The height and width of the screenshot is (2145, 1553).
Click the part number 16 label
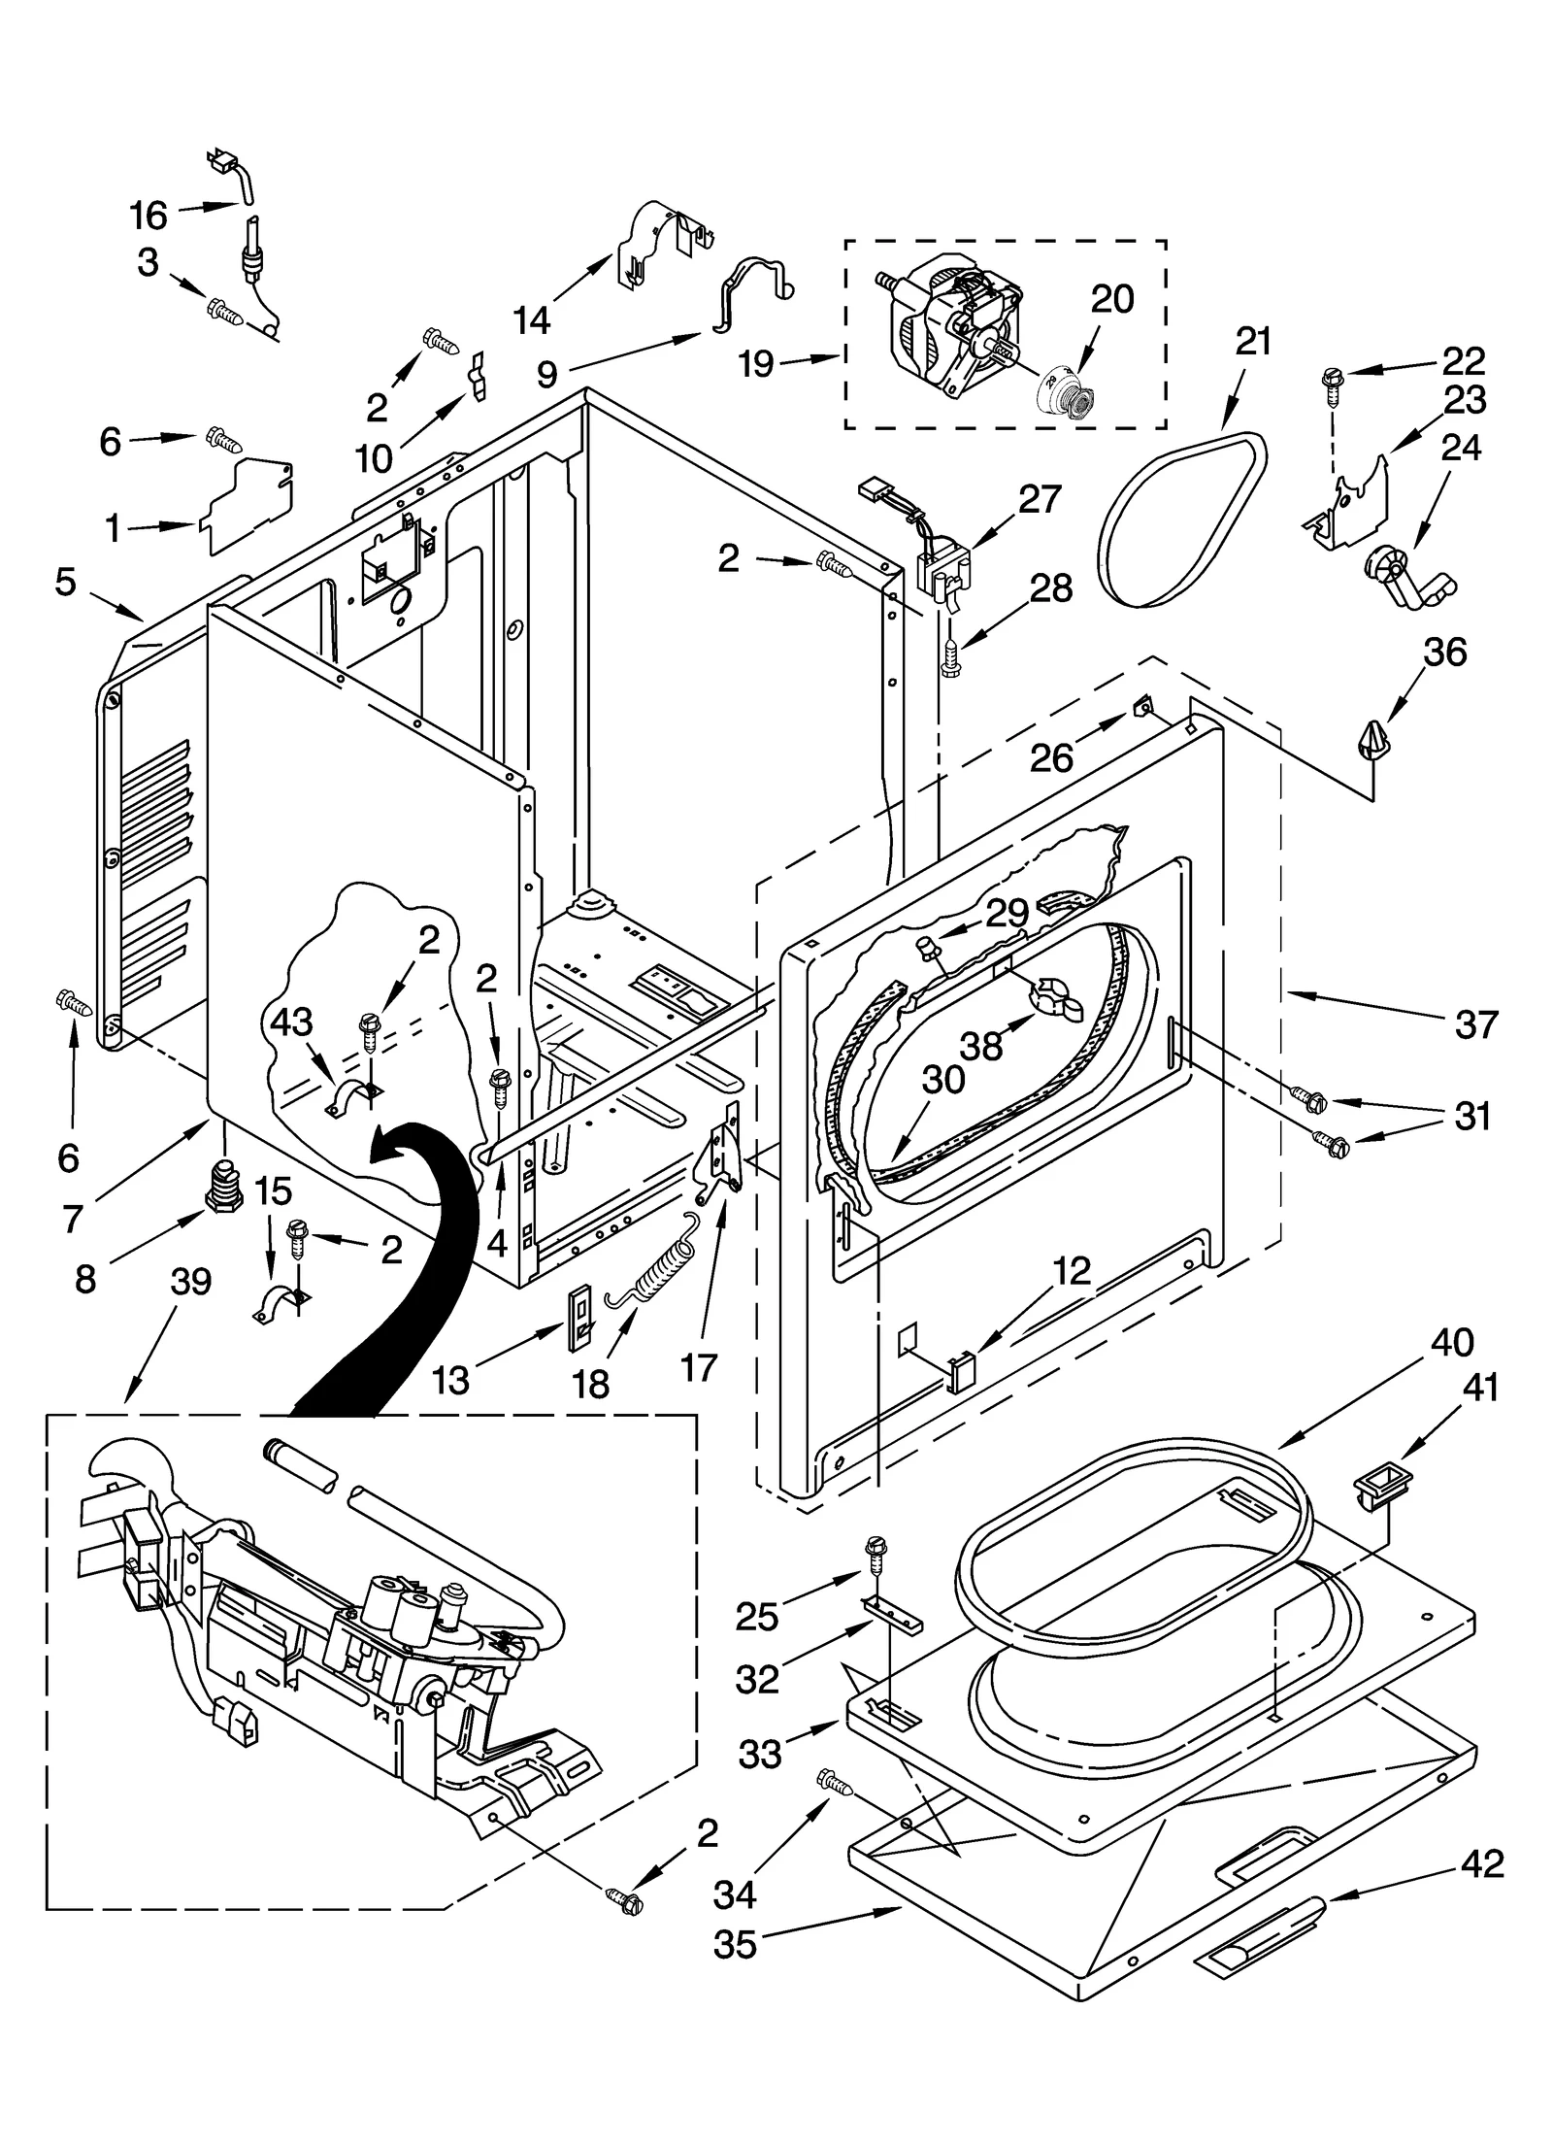(149, 215)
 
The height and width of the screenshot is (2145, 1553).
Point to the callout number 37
(1475, 1023)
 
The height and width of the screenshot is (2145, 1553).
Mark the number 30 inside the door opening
(942, 1080)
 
